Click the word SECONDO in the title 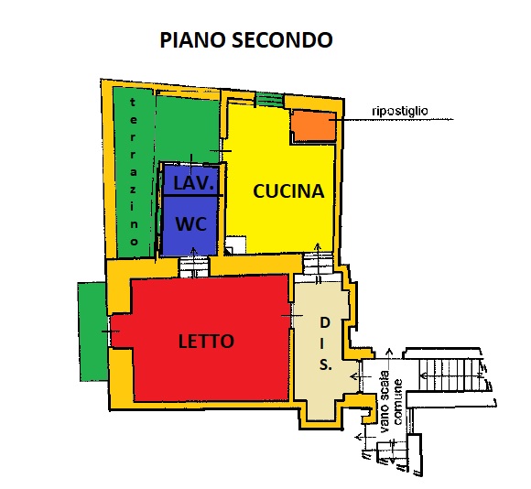tap(282, 39)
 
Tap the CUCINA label tap(288, 191)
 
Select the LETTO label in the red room tap(206, 341)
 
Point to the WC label tap(191, 223)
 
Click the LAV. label tap(194, 183)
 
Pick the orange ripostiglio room tap(314, 125)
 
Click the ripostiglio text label tap(399, 111)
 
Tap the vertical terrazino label tap(134, 171)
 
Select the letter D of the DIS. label tap(325, 322)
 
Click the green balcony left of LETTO tap(92, 331)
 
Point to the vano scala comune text tap(391, 402)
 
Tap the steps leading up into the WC tap(193, 267)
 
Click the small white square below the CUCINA tap(235, 244)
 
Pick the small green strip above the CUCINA tap(269, 100)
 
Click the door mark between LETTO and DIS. tap(292, 316)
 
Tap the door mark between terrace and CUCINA tap(221, 151)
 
